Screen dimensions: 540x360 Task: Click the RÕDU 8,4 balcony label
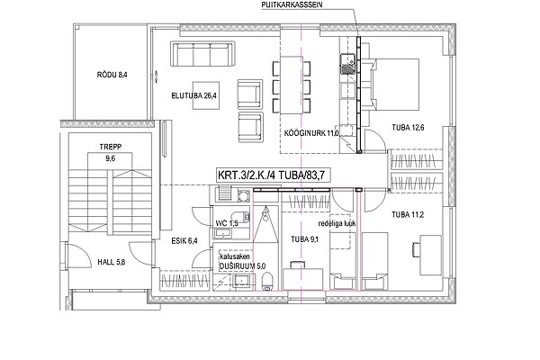112,75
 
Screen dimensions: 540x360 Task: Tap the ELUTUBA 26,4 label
193,95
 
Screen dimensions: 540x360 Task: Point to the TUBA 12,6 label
408,128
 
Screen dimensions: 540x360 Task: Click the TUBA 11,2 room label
408,215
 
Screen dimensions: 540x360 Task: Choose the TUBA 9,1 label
304,239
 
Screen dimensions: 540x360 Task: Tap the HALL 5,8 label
112,262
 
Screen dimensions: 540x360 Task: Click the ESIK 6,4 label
184,241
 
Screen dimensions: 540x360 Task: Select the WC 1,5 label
227,223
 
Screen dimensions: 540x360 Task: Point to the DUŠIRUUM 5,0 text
243,266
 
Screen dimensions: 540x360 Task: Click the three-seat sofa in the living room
202,54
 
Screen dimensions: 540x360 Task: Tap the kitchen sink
347,65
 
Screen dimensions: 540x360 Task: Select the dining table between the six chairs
292,85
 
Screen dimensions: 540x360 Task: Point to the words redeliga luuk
337,223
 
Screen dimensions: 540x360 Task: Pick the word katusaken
235,256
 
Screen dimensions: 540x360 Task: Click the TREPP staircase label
111,147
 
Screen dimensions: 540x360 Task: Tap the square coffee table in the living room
206,95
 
